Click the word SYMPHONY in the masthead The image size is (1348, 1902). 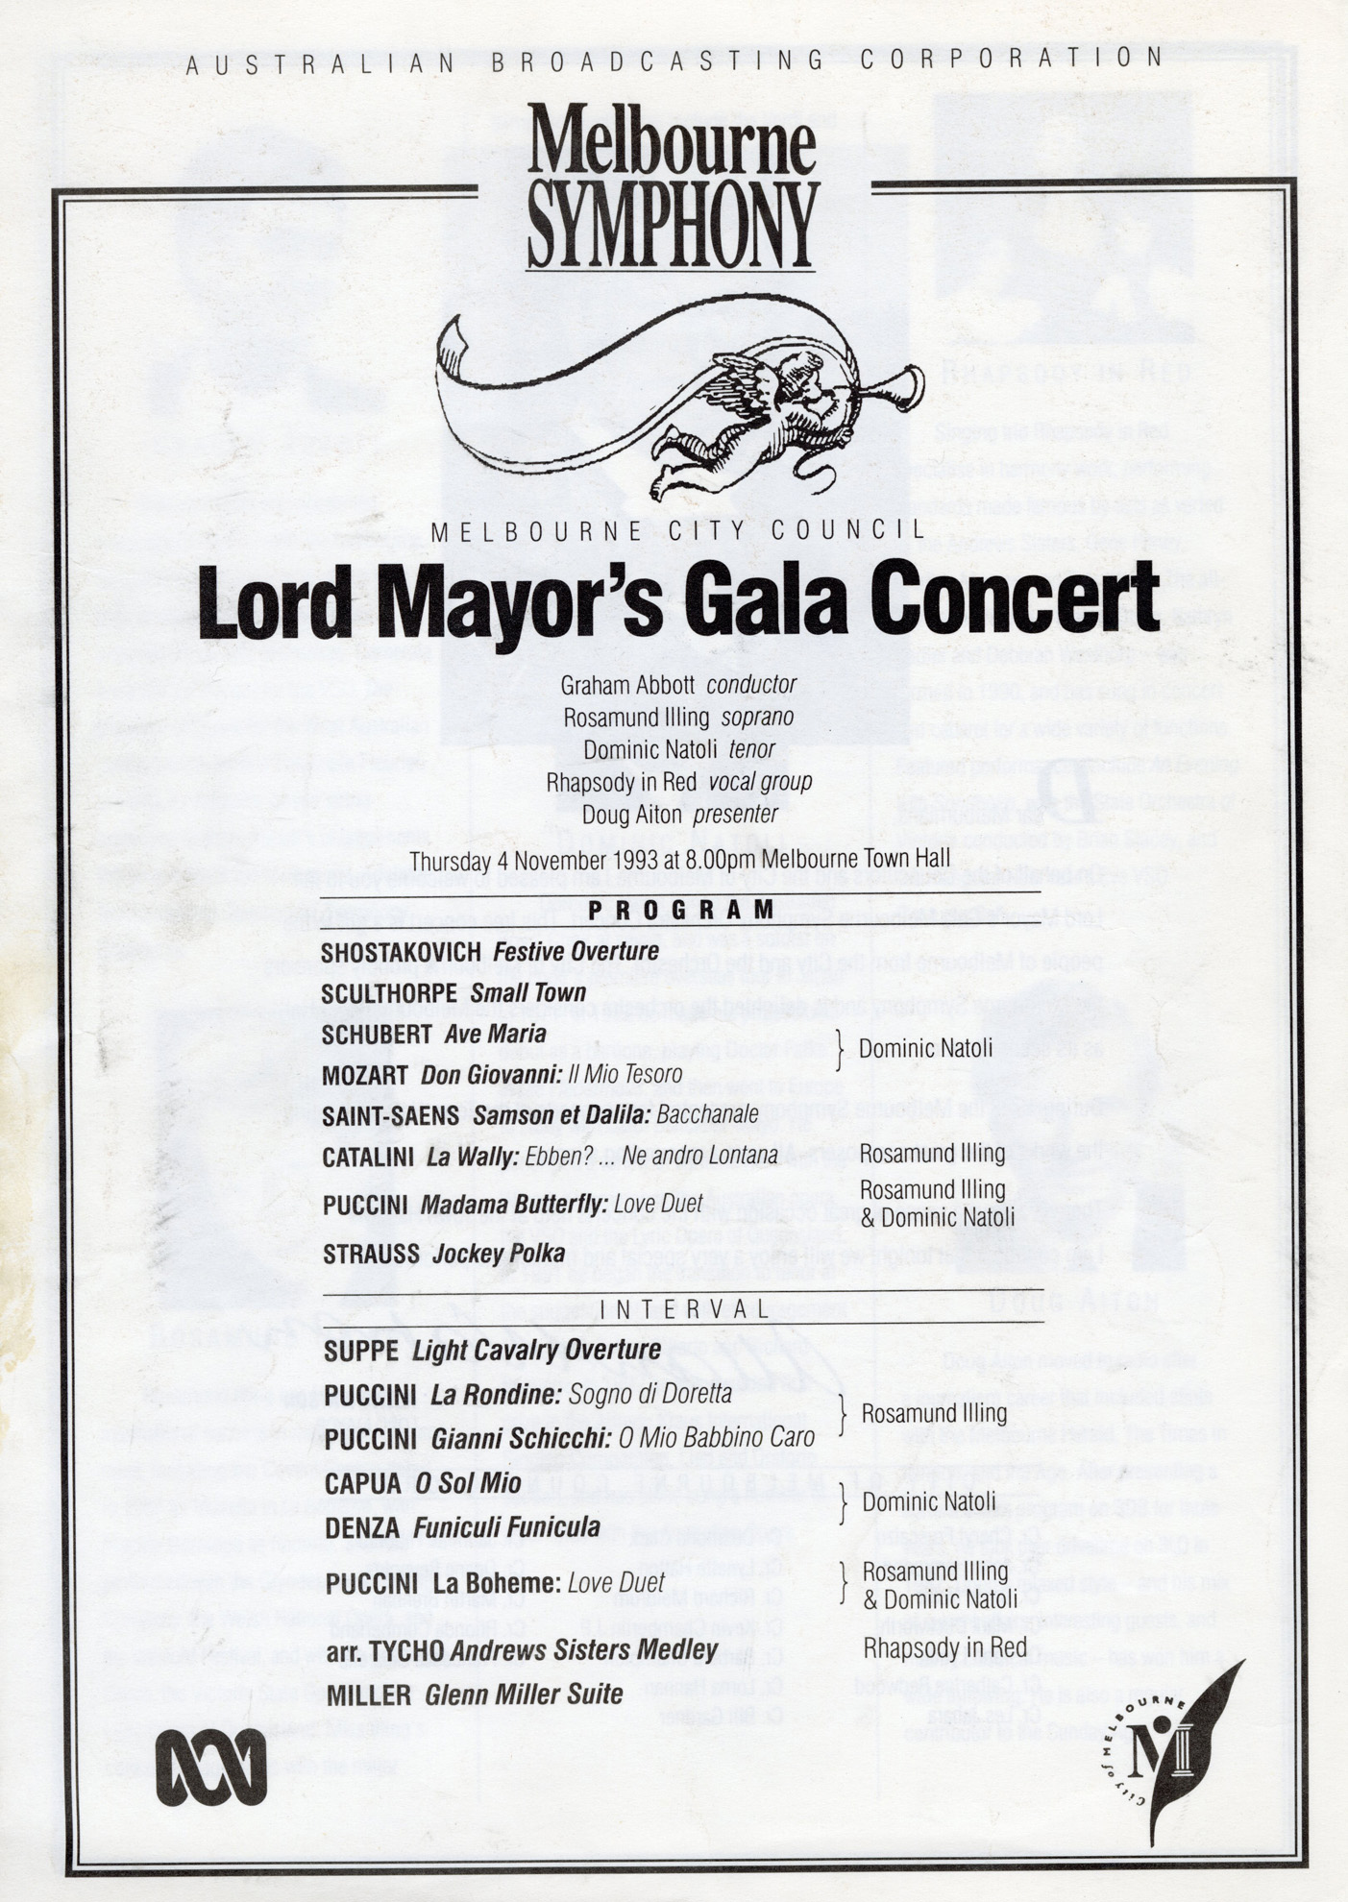pos(673,224)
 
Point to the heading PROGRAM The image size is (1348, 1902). pos(681,909)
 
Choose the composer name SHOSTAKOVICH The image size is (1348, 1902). pos(401,952)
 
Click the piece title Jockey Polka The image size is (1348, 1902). pos(498,1254)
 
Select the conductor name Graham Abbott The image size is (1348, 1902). pos(629,686)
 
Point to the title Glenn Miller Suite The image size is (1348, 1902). pos(524,1695)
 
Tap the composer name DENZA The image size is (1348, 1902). pos(362,1527)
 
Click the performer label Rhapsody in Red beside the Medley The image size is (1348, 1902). pos(944,1648)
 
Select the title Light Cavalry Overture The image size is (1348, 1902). pos(536,1351)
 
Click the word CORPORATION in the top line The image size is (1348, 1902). pos(1011,59)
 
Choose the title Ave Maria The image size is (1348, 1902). pos(495,1034)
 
